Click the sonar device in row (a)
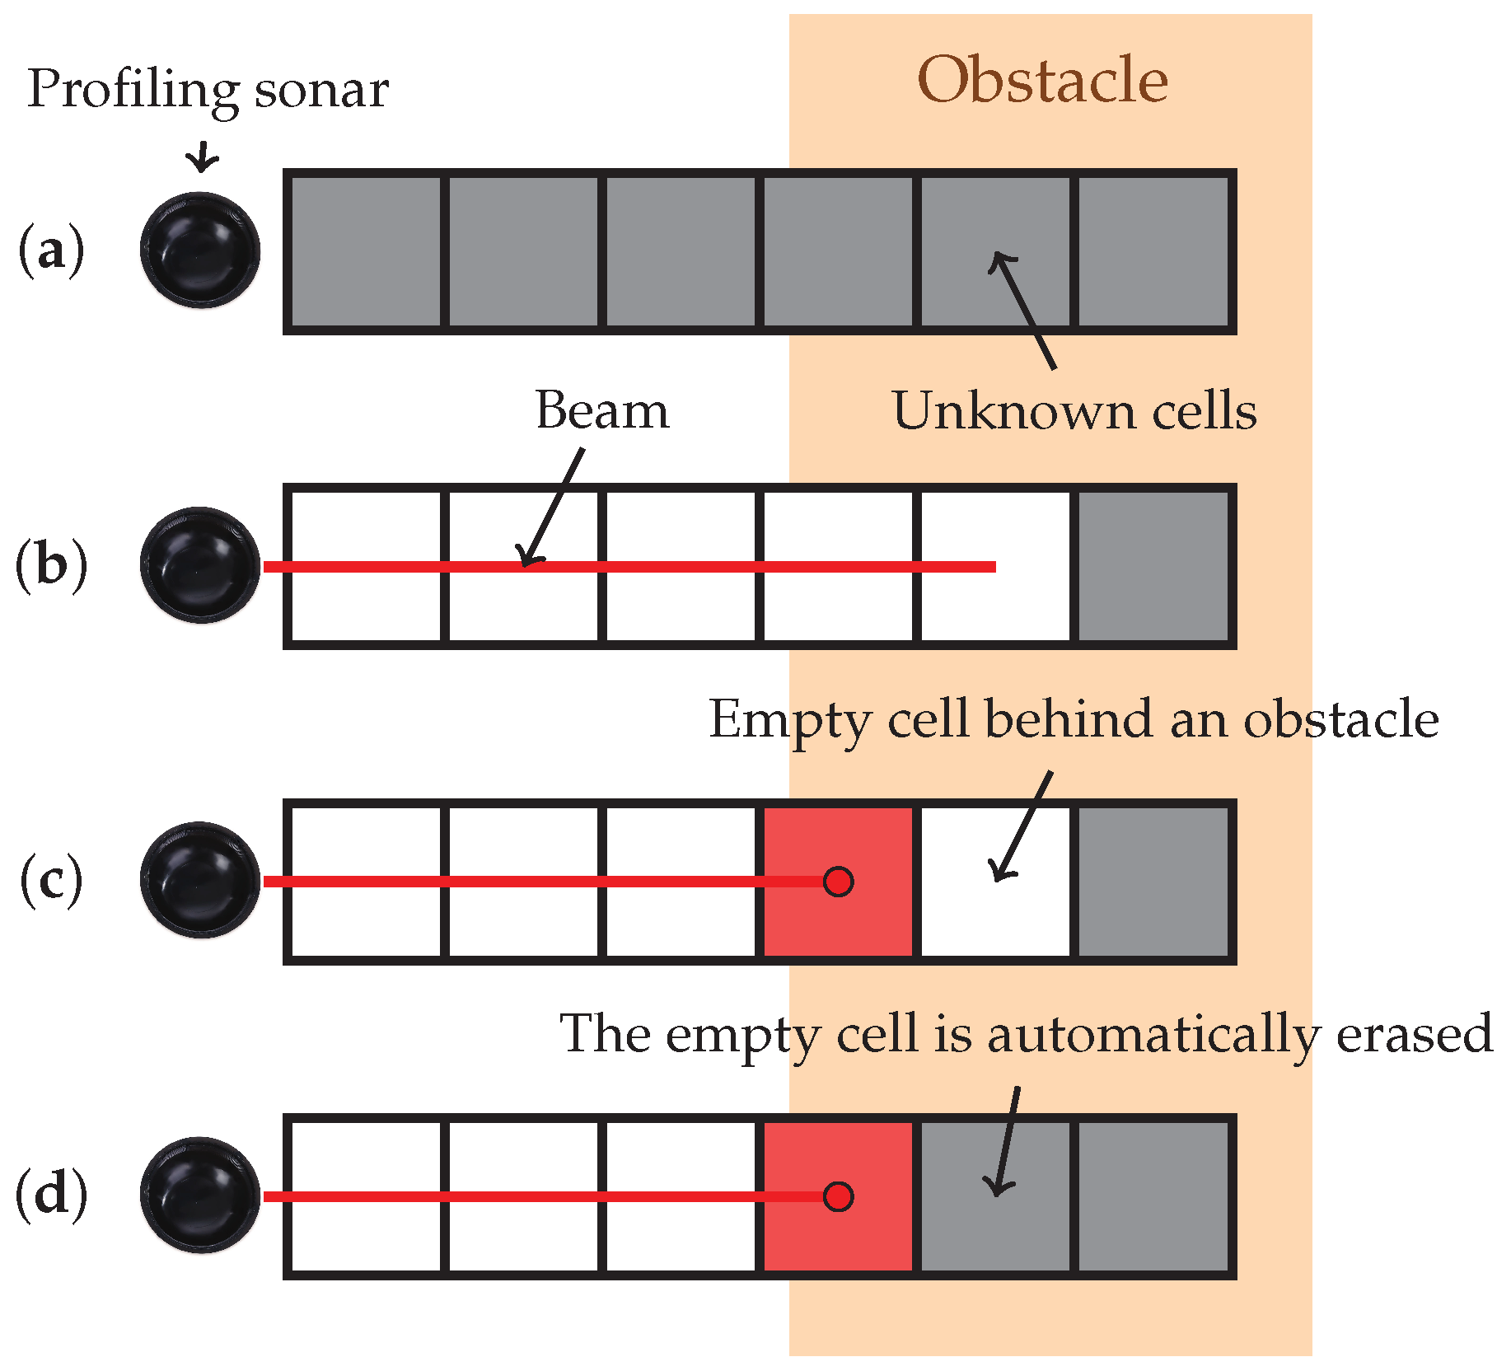point(200,250)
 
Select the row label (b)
point(51,565)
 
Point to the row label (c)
point(51,880)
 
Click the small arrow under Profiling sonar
point(202,157)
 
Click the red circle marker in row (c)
point(838,881)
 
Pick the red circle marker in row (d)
point(838,1196)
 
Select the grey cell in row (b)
point(1153,566)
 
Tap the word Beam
point(602,410)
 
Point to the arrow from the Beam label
point(552,509)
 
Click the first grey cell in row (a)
point(365,251)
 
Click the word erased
point(1414,1033)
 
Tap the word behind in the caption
point(1071,719)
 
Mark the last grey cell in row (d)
point(1153,1196)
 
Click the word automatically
point(1153,1035)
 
